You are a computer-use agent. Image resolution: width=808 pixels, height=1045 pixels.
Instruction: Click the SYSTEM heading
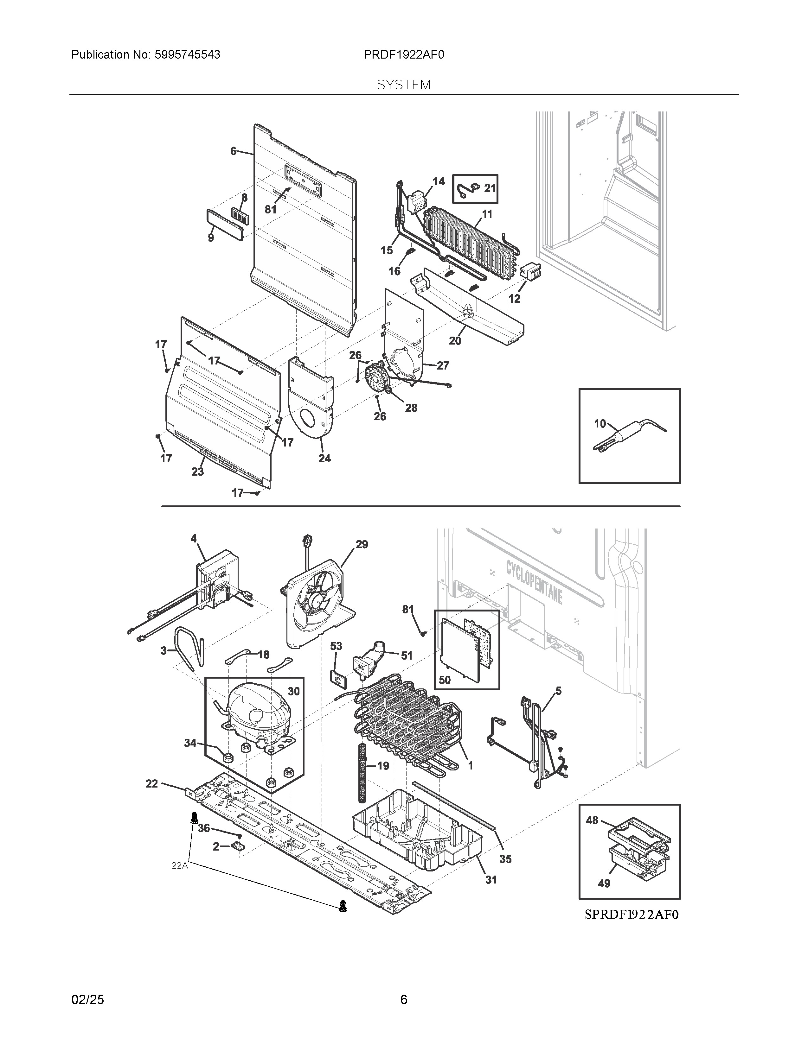[403, 85]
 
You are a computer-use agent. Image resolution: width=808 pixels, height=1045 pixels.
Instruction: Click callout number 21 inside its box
[490, 188]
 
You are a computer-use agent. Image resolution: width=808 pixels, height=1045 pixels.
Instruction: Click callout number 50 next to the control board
[444, 680]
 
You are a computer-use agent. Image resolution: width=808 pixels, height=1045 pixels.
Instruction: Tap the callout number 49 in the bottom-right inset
[604, 883]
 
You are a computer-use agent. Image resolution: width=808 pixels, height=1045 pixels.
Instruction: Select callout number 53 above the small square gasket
[336, 646]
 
